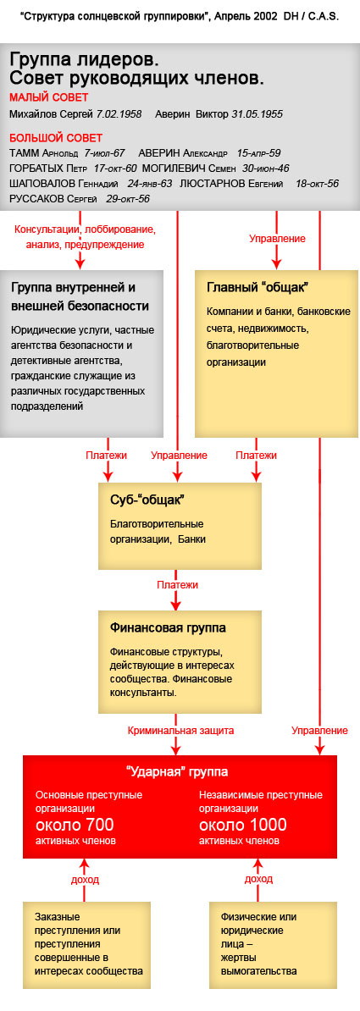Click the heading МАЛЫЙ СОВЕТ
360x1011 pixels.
49,97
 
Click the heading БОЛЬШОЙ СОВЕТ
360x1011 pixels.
56,138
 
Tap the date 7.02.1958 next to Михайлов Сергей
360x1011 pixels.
119,114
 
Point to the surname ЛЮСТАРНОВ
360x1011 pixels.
213,184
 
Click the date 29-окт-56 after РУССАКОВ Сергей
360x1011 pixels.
128,199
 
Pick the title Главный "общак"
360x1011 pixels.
257,286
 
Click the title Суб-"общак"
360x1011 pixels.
142,500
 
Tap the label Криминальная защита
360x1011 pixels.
180,731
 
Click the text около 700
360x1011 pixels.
75,825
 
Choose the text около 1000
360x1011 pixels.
242,825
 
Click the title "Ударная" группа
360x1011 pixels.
176,771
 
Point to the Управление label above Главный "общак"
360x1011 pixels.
278,239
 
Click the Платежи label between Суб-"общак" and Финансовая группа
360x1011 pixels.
177,585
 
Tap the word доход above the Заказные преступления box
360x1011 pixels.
85,879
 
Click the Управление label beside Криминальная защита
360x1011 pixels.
320,731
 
